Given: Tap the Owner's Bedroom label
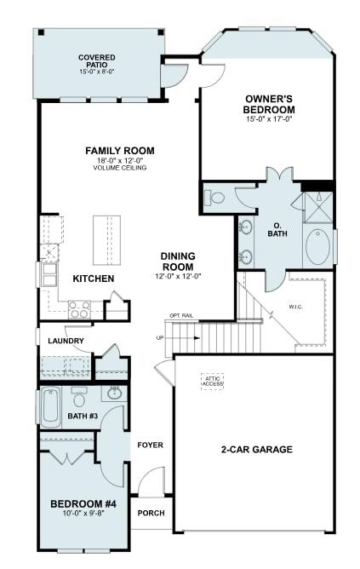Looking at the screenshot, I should tap(269, 104).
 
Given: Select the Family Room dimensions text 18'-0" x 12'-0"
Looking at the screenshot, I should tap(119, 160).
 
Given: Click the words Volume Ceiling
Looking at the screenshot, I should tap(119, 168).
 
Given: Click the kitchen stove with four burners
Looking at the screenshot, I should tap(79, 309).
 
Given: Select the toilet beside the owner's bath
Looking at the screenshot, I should tap(215, 198).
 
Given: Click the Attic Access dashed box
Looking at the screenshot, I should tap(212, 381).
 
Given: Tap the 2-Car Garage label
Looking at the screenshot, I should tap(256, 449).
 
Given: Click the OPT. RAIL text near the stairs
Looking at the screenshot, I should tap(180, 316).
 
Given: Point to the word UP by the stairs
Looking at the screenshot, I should tap(160, 338).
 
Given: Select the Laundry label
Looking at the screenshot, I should tap(67, 342).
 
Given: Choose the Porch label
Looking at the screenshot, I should tap(151, 513).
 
